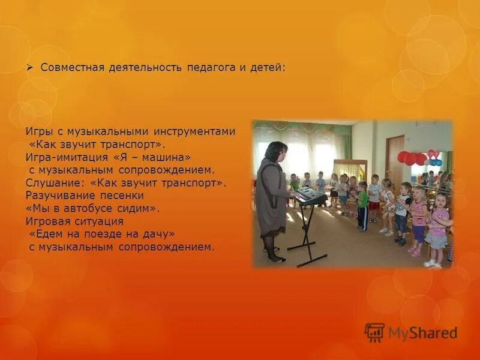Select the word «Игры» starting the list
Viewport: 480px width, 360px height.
37,131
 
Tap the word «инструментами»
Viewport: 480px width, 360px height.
202,131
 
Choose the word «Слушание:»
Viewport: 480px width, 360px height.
50,182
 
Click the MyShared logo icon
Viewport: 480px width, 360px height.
374,332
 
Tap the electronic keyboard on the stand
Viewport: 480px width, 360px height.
310,196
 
